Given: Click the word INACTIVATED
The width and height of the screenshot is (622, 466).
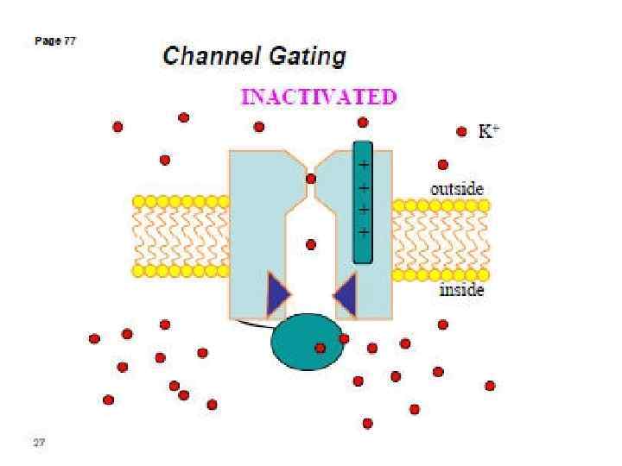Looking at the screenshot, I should pyautogui.click(x=318, y=96).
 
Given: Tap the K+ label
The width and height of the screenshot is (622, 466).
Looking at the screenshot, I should pyautogui.click(x=489, y=131).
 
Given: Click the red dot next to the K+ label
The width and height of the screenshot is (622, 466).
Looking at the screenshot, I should pyautogui.click(x=462, y=132).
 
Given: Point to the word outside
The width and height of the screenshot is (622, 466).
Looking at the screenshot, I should pyautogui.click(x=457, y=188).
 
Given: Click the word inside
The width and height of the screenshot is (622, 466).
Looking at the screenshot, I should pyautogui.click(x=461, y=290).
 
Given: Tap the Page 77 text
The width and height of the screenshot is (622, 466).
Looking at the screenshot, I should pyautogui.click(x=55, y=41).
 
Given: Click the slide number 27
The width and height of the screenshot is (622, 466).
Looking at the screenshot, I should pyautogui.click(x=39, y=443).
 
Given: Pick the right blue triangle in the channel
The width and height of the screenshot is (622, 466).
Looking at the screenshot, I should pyautogui.click(x=346, y=294).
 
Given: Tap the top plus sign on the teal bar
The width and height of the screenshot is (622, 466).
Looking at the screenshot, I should pyautogui.click(x=363, y=164).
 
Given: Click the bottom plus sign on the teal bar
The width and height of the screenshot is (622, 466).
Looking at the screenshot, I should pyautogui.click(x=363, y=232).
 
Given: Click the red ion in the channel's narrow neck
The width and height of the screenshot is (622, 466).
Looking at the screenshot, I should pyautogui.click(x=311, y=179).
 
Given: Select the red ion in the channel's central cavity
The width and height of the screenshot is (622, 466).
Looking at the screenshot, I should pyautogui.click(x=311, y=244).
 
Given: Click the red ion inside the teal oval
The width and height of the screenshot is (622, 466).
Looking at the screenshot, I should pyautogui.click(x=320, y=348).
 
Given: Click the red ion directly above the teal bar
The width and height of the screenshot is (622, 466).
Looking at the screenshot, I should pyautogui.click(x=363, y=122).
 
